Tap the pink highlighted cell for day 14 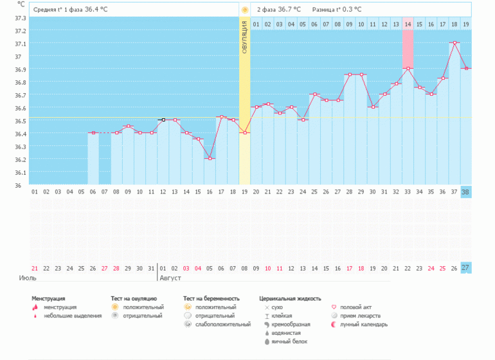click(408, 45)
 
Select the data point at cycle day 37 click(455, 43)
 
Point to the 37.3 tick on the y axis click(20, 18)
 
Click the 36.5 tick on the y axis click(20, 121)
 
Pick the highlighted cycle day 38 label click(466, 192)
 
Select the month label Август click(170, 278)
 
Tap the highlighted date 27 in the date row click(466, 268)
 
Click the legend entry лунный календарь click(363, 324)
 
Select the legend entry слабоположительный click(223, 324)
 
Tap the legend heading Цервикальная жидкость click(289, 299)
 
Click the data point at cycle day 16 click(210, 159)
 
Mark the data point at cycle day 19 click(244, 133)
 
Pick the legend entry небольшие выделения click(73, 316)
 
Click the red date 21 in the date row click(35, 268)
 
